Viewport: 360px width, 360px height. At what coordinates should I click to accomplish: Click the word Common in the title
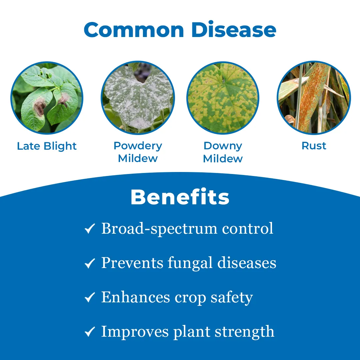point(134,30)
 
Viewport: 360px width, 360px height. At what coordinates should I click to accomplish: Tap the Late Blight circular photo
point(47,98)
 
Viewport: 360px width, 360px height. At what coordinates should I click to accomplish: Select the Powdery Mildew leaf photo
point(138,98)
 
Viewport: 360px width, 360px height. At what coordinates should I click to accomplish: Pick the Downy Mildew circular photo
point(223,98)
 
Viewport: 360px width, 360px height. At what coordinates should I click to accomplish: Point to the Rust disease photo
point(314,98)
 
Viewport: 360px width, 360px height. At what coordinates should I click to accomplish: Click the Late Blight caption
point(47,146)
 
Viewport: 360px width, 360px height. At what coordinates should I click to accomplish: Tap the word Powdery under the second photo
point(138,146)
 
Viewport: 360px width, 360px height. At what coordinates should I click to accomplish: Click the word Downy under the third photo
point(223,146)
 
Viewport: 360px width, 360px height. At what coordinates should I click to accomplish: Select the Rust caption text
point(314,146)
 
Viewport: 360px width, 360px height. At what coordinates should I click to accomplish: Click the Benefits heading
point(180,197)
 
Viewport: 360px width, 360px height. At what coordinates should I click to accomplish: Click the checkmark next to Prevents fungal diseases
point(90,263)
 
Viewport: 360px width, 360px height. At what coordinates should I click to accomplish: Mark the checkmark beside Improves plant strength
point(90,332)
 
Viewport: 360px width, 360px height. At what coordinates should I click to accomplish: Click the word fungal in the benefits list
point(190,263)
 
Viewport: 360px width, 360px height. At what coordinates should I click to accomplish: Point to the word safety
point(232,298)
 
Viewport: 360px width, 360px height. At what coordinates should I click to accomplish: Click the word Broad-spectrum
point(159,229)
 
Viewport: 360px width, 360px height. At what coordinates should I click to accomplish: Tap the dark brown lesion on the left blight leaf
point(40,106)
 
